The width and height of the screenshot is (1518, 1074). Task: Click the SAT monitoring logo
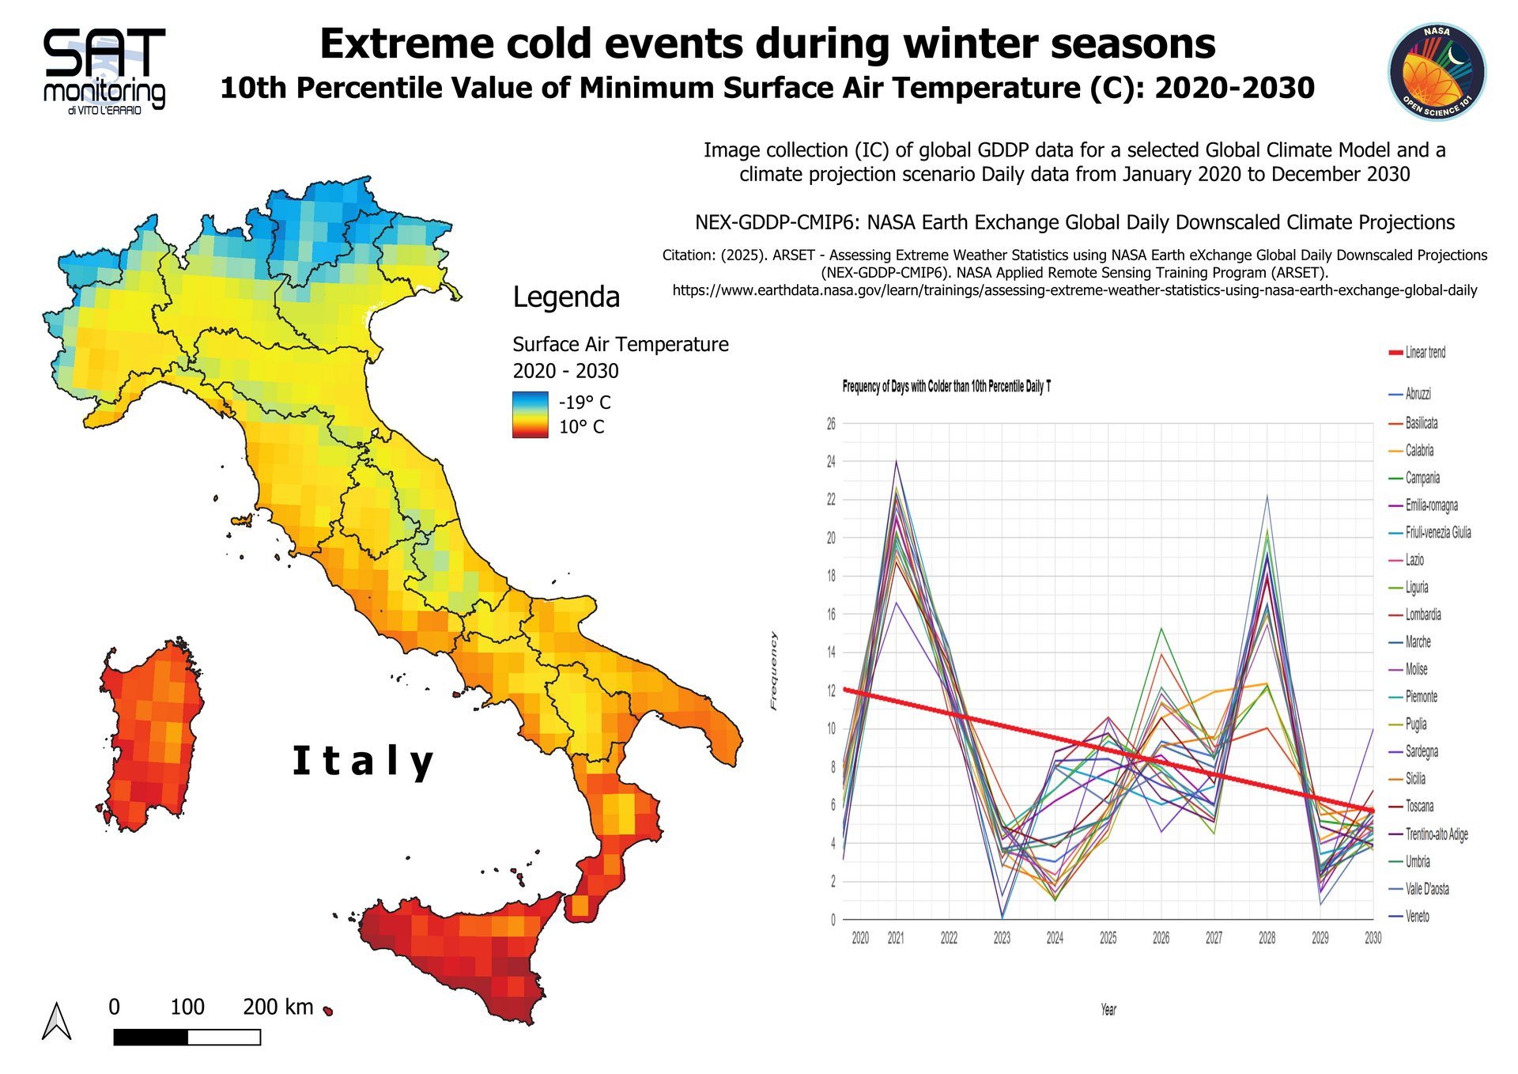[x=104, y=71]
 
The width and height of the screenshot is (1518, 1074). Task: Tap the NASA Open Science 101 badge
[x=1437, y=72]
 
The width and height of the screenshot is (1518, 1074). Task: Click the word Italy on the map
[x=363, y=762]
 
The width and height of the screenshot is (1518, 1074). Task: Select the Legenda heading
[x=566, y=297]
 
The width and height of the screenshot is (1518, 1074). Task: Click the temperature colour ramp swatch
[x=530, y=414]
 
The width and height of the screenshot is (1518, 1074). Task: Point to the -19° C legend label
[x=584, y=403]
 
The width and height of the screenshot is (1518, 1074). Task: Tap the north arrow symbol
[x=56, y=1021]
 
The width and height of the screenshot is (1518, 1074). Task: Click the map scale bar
[x=187, y=1037]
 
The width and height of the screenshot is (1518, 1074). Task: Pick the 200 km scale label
[x=278, y=1007]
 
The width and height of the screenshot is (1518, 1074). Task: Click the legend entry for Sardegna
[x=1422, y=751]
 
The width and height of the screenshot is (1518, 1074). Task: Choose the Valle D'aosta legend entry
[x=1427, y=889]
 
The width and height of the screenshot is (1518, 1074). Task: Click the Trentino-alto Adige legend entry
[x=1436, y=834]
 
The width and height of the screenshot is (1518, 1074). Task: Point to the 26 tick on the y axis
[x=831, y=424]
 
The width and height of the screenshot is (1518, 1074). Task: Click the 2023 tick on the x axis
[x=1002, y=938]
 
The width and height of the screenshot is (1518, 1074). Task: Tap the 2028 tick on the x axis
[x=1267, y=938]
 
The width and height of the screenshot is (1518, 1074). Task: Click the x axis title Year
[x=1108, y=1010]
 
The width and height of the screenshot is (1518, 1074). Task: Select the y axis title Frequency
[x=774, y=671]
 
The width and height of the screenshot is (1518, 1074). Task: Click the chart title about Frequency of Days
[x=946, y=387]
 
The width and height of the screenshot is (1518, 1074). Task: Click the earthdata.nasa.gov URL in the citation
[x=1074, y=290]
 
